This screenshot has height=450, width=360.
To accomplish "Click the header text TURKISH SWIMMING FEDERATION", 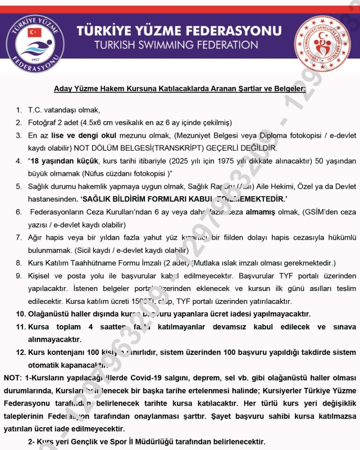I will (176, 44).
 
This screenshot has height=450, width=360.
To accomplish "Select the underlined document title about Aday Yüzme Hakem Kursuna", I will (180, 89).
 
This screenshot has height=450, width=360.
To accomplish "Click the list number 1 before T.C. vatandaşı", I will (19, 110).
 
